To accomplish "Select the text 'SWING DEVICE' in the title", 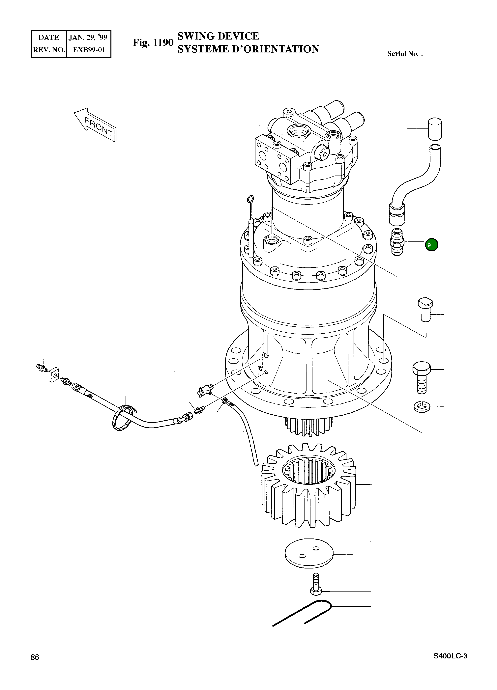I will click(x=218, y=36).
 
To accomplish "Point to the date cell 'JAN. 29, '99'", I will click(x=88, y=37).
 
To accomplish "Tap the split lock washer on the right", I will click(x=422, y=406).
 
